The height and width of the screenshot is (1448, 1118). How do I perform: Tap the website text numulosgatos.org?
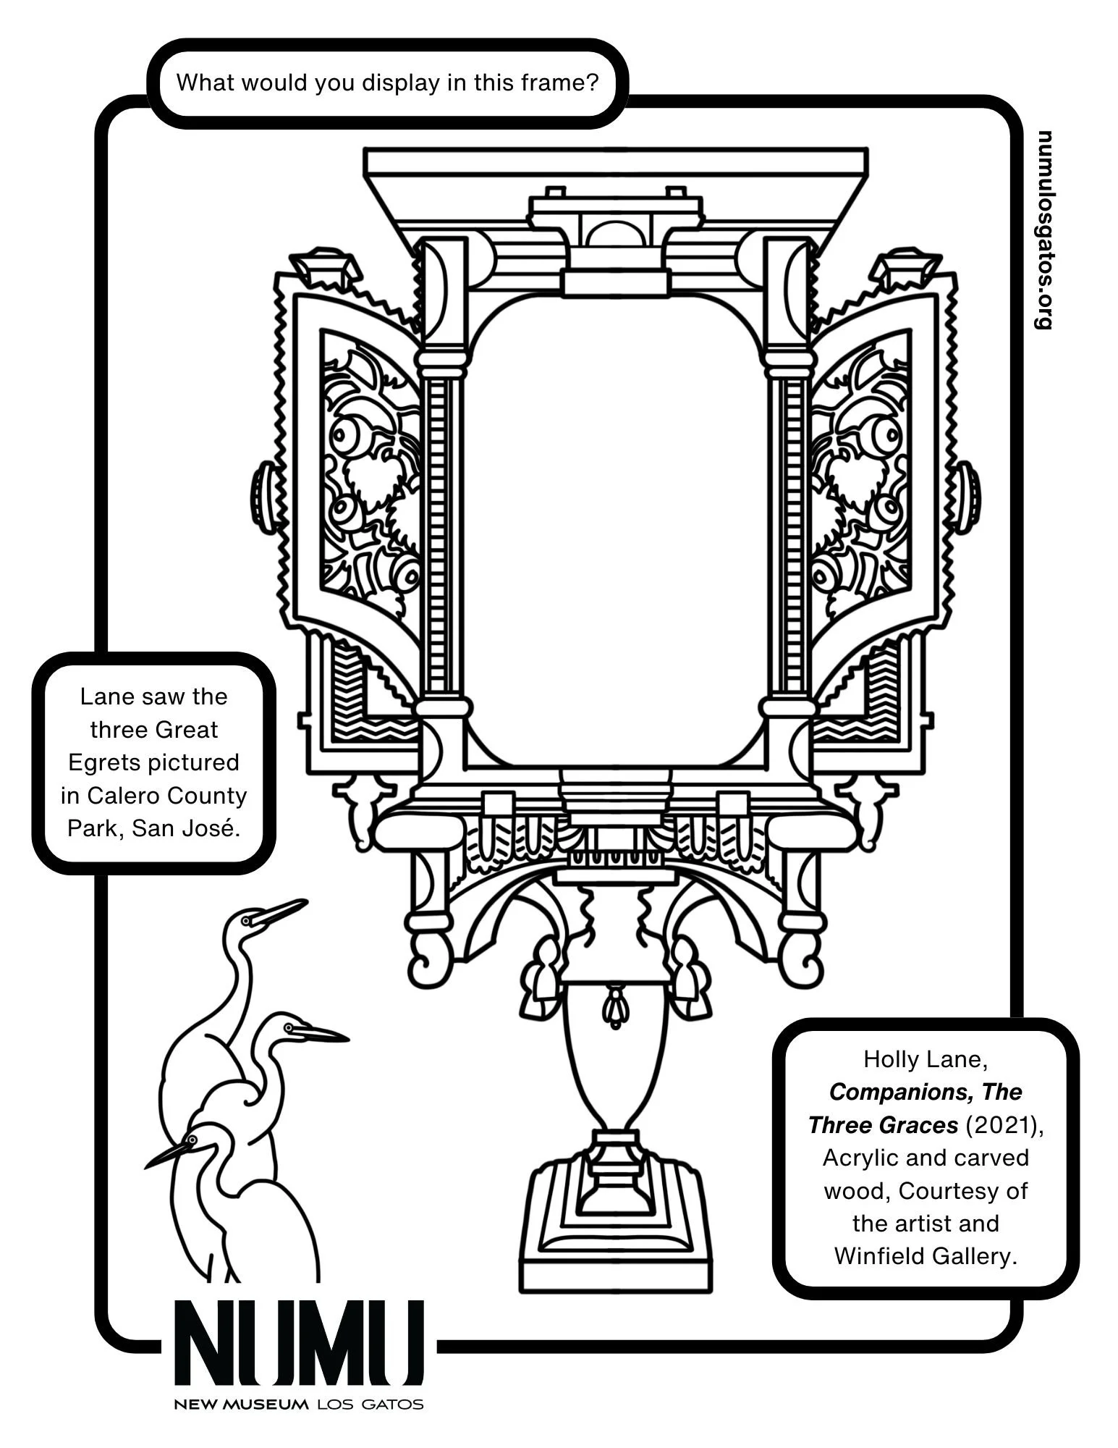1044,230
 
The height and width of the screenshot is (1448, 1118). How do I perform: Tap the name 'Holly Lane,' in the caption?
926,1059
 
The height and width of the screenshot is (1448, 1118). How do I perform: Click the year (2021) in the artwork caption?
1004,1125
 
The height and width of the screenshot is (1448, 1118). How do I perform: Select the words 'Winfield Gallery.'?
926,1256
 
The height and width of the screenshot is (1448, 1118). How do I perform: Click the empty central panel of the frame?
615,529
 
